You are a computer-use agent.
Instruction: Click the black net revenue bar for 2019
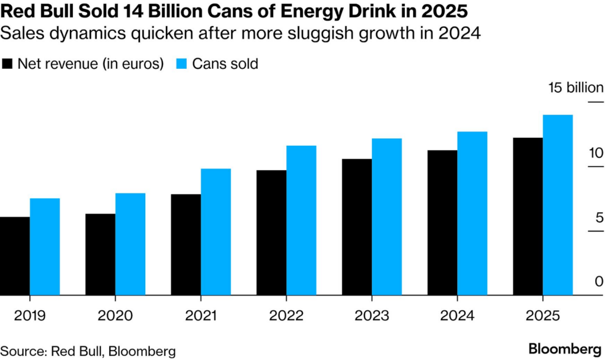(x=15, y=256)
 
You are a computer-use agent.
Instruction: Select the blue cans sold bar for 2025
(x=558, y=205)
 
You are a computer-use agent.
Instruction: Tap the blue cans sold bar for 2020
(x=130, y=244)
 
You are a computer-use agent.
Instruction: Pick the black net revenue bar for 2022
(x=271, y=232)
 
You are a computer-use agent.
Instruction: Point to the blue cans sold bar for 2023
(x=386, y=217)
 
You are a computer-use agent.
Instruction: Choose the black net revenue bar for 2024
(x=442, y=222)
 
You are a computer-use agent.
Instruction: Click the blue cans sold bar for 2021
(x=216, y=232)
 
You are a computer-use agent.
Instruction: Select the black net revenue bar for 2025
(x=528, y=216)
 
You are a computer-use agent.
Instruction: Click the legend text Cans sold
(x=225, y=64)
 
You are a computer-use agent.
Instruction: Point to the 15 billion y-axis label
(x=576, y=88)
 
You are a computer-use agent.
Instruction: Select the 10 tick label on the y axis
(x=595, y=152)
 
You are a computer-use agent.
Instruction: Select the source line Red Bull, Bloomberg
(x=88, y=351)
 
